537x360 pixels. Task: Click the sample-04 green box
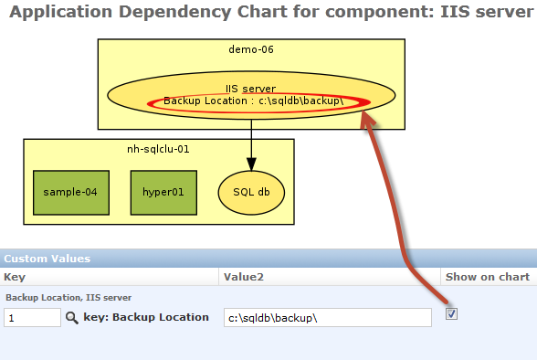click(70, 192)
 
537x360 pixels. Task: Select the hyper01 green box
click(163, 192)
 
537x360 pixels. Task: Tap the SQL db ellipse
click(251, 192)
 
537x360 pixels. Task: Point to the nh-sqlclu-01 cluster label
click(158, 149)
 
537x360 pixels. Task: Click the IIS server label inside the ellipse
click(251, 89)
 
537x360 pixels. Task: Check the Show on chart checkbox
click(451, 314)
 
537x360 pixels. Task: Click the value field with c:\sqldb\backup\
click(328, 318)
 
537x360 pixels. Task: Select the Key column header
click(14, 276)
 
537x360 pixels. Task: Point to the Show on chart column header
click(487, 276)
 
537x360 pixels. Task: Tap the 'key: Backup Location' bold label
click(145, 318)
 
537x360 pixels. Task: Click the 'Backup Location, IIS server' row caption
click(68, 298)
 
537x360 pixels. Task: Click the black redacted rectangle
click(409, 238)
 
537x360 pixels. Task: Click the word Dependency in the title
click(159, 14)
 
